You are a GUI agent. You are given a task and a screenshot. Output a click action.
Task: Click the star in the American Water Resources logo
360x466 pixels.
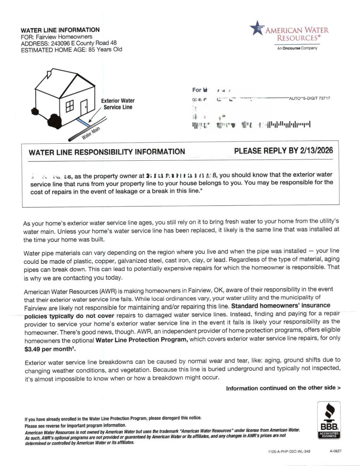[x=256, y=28]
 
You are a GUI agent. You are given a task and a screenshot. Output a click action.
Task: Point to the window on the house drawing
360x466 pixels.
[x=70, y=105]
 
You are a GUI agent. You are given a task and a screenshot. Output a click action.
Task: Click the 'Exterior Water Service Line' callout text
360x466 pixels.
[x=118, y=104]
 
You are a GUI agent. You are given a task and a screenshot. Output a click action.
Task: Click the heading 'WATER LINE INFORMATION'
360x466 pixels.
[x=60, y=30]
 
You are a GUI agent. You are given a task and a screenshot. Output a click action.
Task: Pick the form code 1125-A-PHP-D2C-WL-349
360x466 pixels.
[x=289, y=452]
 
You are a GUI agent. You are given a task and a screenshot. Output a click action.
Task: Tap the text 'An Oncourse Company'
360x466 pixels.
[x=297, y=48]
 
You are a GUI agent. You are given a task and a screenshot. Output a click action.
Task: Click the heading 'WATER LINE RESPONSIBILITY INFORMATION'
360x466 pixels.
[x=107, y=152]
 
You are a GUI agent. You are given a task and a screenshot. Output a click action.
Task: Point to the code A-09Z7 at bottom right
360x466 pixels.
[x=335, y=452]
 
